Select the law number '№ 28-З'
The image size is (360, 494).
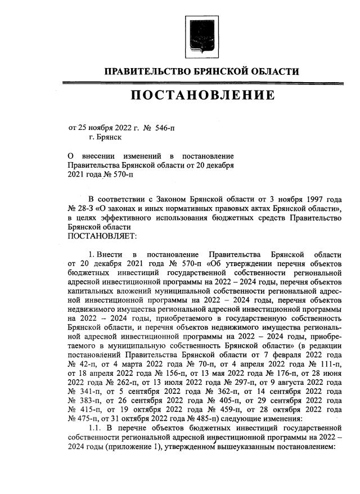(x=80, y=209)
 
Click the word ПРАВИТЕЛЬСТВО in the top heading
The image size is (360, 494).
(x=146, y=71)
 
